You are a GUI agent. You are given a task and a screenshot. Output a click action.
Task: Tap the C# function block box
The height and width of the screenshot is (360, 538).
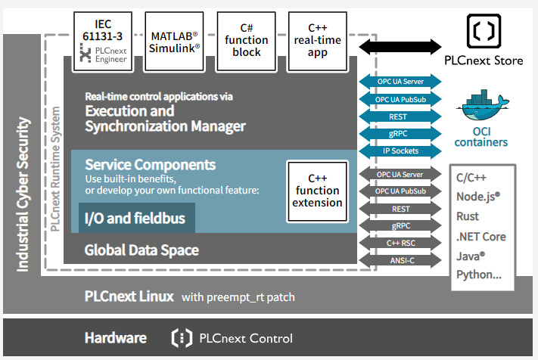247,40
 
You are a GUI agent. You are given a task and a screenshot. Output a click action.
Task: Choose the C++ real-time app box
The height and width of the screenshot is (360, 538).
318,40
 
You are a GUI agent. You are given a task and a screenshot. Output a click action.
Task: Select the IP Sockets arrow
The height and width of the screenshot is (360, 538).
400,151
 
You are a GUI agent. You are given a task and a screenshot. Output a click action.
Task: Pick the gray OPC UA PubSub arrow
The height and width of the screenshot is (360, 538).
400,192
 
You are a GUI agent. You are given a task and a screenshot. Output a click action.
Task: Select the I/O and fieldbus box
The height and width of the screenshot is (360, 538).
136,221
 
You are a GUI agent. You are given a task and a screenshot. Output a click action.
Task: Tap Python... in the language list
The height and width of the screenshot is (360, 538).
479,275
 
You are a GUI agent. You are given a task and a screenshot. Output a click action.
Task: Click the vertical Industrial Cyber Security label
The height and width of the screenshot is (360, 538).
23,193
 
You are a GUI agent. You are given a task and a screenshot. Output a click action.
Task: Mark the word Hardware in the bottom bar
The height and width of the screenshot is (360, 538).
115,338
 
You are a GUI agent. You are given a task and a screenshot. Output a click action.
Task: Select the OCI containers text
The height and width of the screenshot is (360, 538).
482,136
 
